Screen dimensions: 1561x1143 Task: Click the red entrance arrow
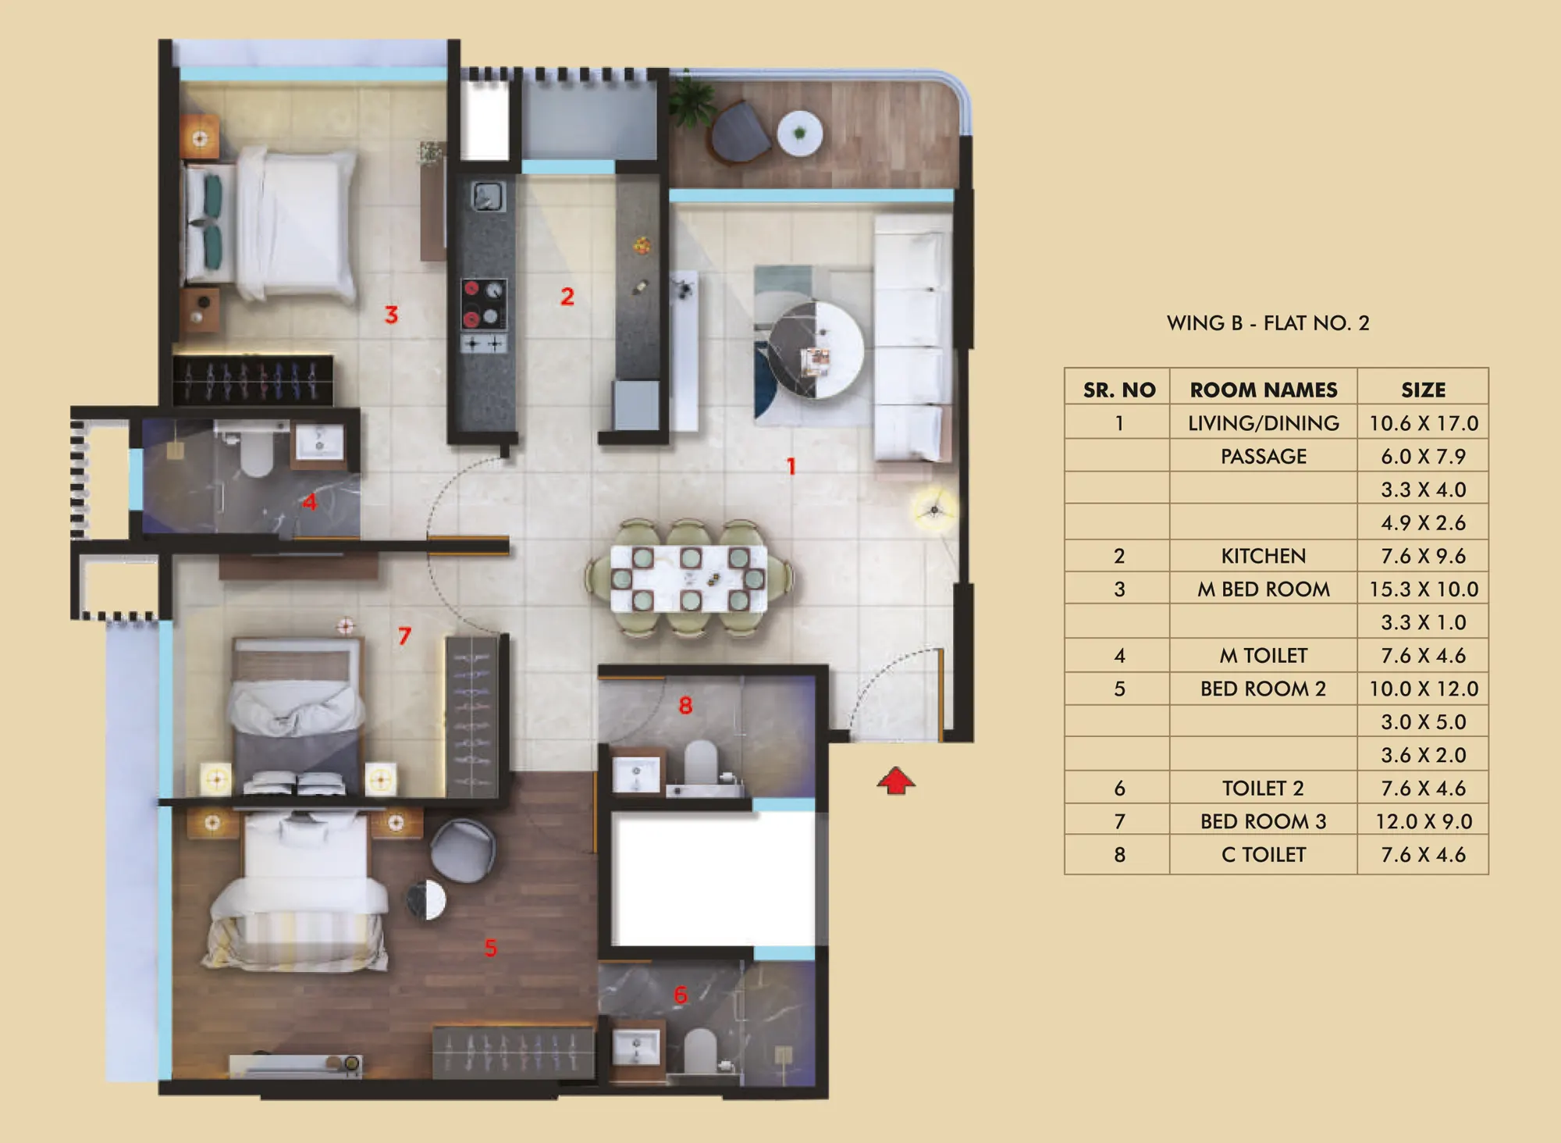895,781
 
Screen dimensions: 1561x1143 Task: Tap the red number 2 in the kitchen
567,297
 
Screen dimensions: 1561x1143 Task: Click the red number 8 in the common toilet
685,706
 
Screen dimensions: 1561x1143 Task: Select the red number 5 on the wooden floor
490,948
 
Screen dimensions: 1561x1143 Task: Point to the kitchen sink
488,196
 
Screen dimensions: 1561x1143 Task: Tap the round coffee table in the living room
816,350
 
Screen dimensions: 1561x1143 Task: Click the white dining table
688,579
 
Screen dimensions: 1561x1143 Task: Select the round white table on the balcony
799,134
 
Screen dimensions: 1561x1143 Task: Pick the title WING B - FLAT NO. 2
1268,323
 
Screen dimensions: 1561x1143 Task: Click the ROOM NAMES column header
1264,390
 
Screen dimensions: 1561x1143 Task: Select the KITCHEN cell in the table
1264,556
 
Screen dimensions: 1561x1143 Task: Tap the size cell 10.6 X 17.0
1424,423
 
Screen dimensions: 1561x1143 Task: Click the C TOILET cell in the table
1264,855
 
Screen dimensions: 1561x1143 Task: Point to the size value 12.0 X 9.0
1424,821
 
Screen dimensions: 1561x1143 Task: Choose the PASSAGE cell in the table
1264,456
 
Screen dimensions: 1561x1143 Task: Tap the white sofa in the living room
912,339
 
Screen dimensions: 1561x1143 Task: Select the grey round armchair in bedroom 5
463,849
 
